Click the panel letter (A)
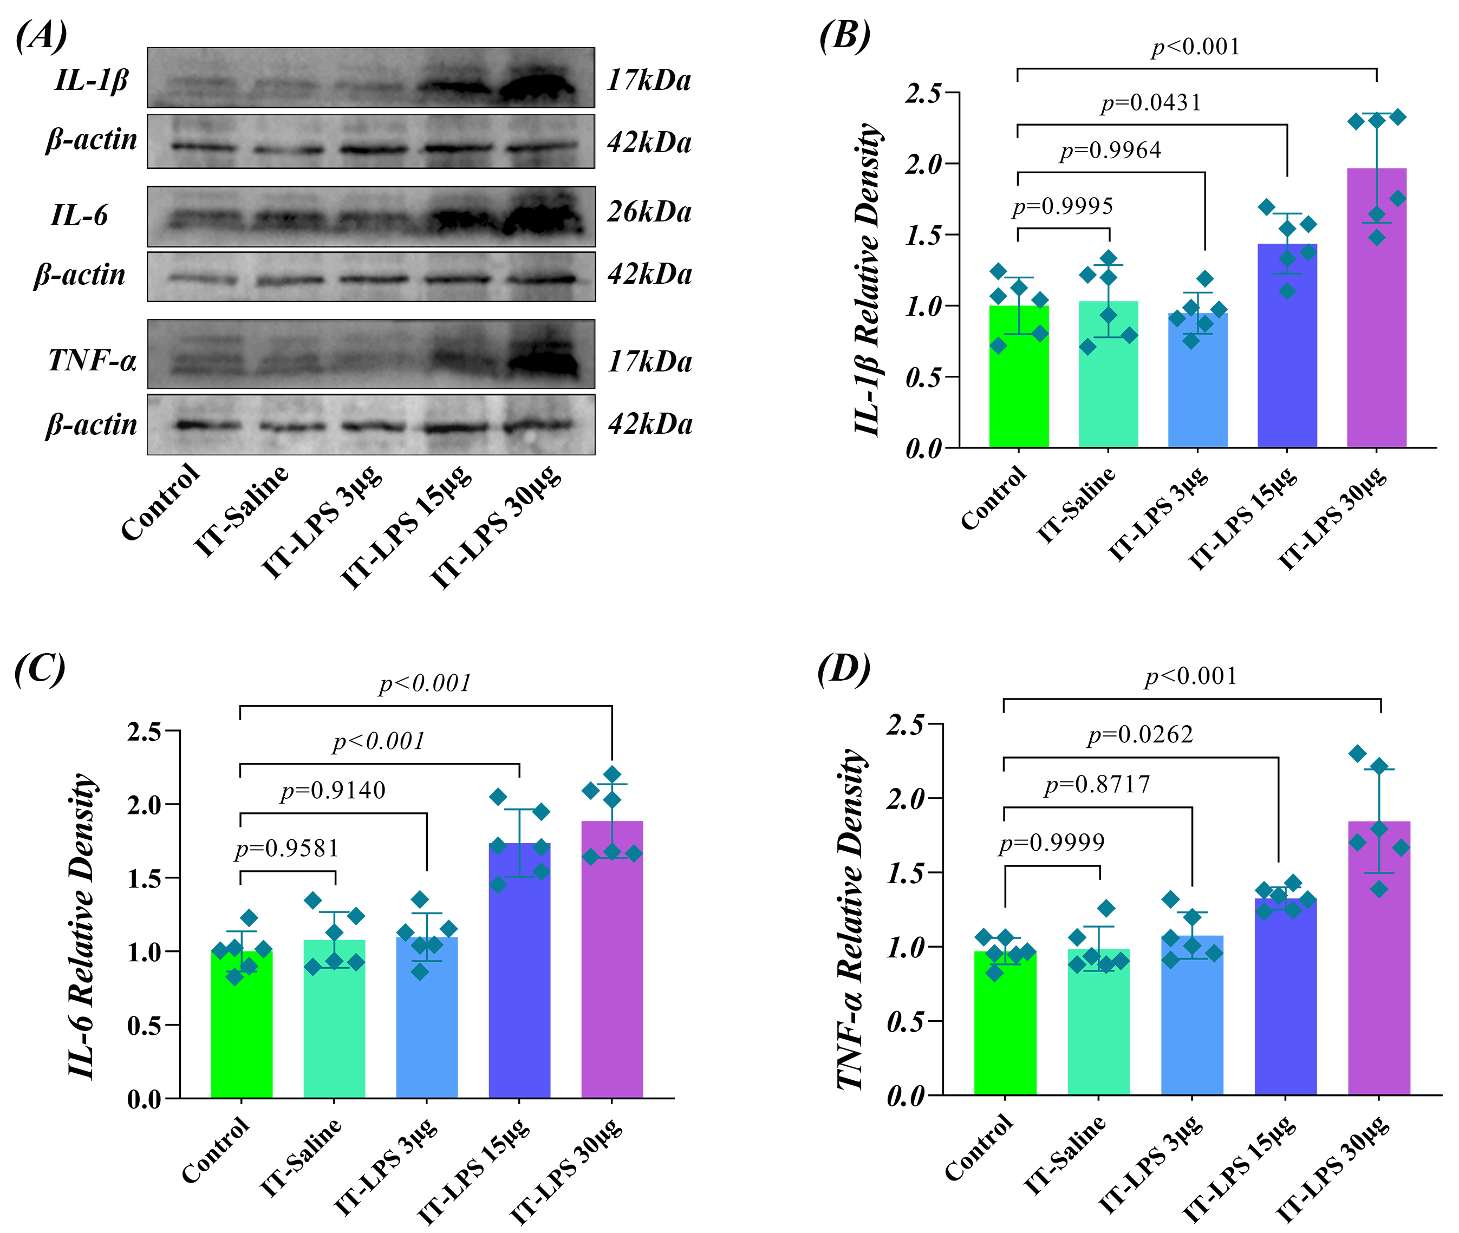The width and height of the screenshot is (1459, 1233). point(41,35)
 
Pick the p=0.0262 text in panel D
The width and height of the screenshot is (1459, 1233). point(1139,735)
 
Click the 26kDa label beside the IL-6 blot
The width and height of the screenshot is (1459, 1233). point(649,211)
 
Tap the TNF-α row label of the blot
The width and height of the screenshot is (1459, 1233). point(92,361)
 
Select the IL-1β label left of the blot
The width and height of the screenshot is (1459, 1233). point(92,80)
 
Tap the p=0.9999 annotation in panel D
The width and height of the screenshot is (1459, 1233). point(1052,843)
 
